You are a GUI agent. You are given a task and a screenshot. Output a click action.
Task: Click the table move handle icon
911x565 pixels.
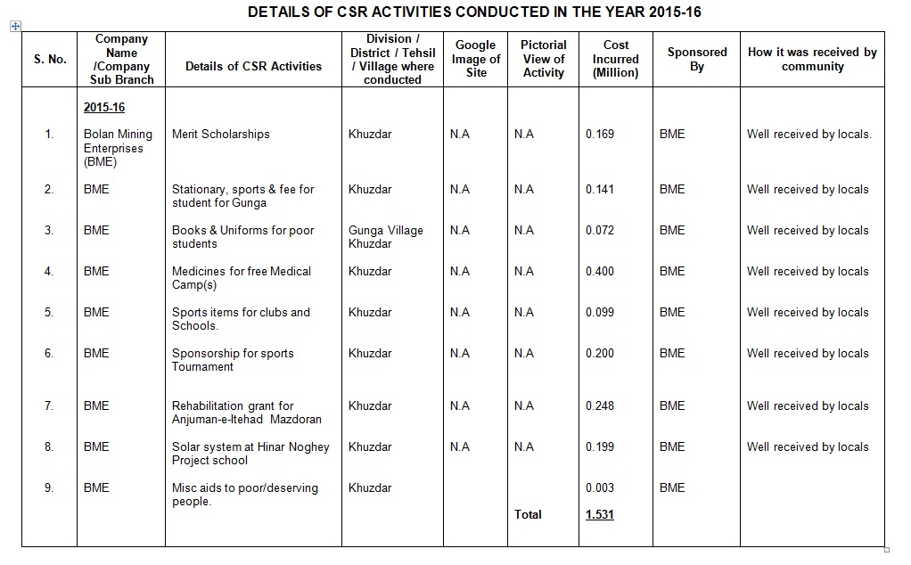tap(15, 26)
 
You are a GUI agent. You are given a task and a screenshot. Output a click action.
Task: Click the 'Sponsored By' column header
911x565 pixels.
tap(696, 59)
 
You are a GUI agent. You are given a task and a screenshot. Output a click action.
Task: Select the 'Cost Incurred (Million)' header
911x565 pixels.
tap(615, 59)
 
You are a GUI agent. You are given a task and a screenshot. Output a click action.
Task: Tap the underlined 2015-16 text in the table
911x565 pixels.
tap(104, 108)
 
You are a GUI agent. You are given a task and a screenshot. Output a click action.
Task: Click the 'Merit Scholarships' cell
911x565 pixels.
tap(221, 135)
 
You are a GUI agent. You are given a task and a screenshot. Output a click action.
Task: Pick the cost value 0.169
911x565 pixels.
tap(600, 135)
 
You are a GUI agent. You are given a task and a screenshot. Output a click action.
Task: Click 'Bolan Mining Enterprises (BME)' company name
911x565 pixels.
tap(118, 148)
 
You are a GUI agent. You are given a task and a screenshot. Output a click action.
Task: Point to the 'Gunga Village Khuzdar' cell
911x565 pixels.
tap(386, 237)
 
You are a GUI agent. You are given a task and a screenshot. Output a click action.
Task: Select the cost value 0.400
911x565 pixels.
tap(600, 271)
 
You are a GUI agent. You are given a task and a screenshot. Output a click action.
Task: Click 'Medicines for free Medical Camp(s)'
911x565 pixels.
tap(241, 278)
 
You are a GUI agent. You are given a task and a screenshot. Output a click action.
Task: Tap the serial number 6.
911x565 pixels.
tap(49, 353)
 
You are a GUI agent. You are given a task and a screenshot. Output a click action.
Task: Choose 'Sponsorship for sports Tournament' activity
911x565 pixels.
tap(233, 360)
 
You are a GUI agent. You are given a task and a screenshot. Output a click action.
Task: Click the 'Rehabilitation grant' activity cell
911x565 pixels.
tap(246, 413)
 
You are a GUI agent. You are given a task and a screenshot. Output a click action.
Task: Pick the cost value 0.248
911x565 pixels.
tap(600, 405)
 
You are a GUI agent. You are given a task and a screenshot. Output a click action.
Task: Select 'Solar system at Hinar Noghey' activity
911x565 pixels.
tap(250, 454)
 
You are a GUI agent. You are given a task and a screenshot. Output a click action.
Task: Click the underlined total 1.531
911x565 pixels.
tap(600, 514)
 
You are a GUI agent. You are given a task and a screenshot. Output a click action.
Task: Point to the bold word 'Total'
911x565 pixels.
tap(528, 514)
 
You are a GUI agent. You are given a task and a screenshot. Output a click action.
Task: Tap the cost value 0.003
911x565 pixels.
tap(600, 487)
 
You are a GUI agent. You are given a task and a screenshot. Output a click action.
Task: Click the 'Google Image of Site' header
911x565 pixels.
tap(476, 59)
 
